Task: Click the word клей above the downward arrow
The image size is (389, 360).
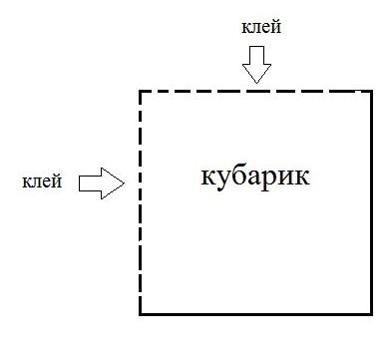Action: [261, 26]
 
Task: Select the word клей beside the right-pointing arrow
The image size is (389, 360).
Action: [42, 180]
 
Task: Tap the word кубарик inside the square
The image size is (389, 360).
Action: [255, 177]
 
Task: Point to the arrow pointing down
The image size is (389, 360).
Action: [256, 65]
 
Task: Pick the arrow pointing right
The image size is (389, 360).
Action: [102, 183]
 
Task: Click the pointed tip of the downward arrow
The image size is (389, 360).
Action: [256, 83]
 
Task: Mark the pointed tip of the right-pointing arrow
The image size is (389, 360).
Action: [125, 183]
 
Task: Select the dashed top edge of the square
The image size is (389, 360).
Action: [255, 91]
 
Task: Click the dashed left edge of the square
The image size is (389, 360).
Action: [141, 202]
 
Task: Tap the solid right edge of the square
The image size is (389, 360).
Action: [371, 202]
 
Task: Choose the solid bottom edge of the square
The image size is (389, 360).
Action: [255, 313]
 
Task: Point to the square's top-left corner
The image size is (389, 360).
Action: [141, 91]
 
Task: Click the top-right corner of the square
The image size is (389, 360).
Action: [371, 91]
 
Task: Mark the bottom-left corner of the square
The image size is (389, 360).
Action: [141, 313]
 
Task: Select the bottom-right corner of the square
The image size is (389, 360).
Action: [371, 313]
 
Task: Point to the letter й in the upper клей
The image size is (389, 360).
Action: [276, 27]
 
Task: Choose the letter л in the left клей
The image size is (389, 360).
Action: [37, 183]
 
